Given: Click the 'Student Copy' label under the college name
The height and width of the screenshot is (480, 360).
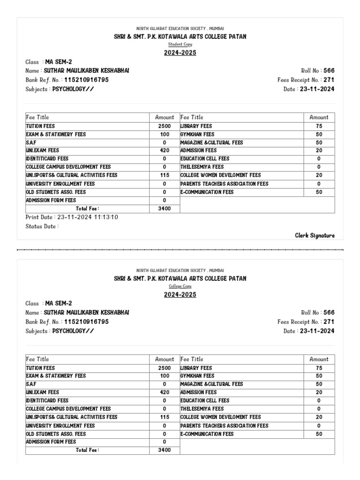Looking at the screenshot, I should (180, 44).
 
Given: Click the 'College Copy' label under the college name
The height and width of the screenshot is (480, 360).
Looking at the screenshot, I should (180, 286).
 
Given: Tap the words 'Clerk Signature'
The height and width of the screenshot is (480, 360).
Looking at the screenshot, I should (315, 235).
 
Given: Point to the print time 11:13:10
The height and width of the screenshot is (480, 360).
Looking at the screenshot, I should (107, 217).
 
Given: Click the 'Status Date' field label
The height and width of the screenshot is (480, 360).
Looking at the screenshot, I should (42, 226).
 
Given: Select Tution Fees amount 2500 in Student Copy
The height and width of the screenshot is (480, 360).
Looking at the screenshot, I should (165, 126).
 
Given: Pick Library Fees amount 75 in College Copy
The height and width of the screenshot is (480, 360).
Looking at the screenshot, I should (319, 368).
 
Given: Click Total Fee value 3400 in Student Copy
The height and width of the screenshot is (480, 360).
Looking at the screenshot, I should (165, 209).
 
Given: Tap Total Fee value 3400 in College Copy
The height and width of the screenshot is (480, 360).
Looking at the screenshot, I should (165, 450).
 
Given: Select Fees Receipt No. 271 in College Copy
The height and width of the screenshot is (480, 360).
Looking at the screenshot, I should (329, 322).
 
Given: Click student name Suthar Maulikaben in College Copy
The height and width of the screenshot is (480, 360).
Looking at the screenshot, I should (86, 312).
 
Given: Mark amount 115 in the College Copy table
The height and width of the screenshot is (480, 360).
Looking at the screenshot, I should (165, 417).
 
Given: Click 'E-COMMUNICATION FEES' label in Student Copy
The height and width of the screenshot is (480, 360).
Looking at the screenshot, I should (207, 192).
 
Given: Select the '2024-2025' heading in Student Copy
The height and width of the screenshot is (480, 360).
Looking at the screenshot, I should (180, 52).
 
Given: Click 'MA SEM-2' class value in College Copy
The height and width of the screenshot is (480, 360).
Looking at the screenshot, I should (59, 303).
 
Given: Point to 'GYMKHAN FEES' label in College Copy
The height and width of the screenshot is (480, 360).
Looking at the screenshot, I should (197, 376).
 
